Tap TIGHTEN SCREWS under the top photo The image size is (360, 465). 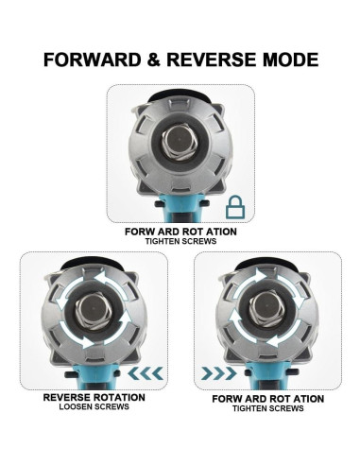coord(180,241)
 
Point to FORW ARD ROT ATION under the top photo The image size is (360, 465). coord(180,231)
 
